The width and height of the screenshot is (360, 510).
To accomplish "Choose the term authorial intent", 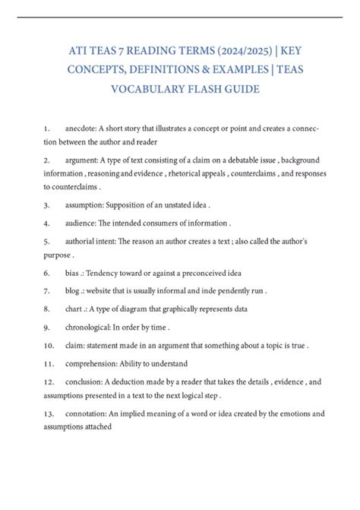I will (x=102, y=241).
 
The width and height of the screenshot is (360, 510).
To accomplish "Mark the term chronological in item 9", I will (x=95, y=327).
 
